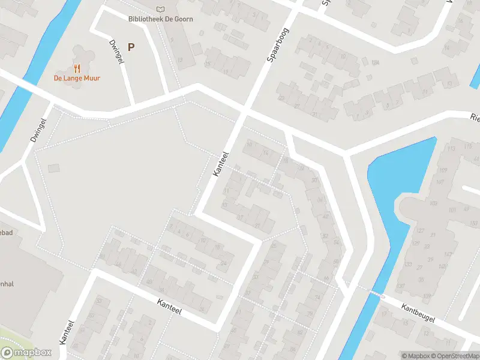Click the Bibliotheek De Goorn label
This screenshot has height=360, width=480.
pos(160,19)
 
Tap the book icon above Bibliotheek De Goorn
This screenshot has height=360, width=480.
pos(160,9)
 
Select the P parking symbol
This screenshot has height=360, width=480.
pos(131,47)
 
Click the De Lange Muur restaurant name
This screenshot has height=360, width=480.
pos(77,78)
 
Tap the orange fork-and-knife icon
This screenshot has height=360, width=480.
pos(77,68)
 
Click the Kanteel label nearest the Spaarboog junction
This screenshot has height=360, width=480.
pos(221,163)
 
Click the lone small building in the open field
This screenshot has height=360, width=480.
pos(54,168)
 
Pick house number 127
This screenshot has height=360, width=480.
pos(420,230)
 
